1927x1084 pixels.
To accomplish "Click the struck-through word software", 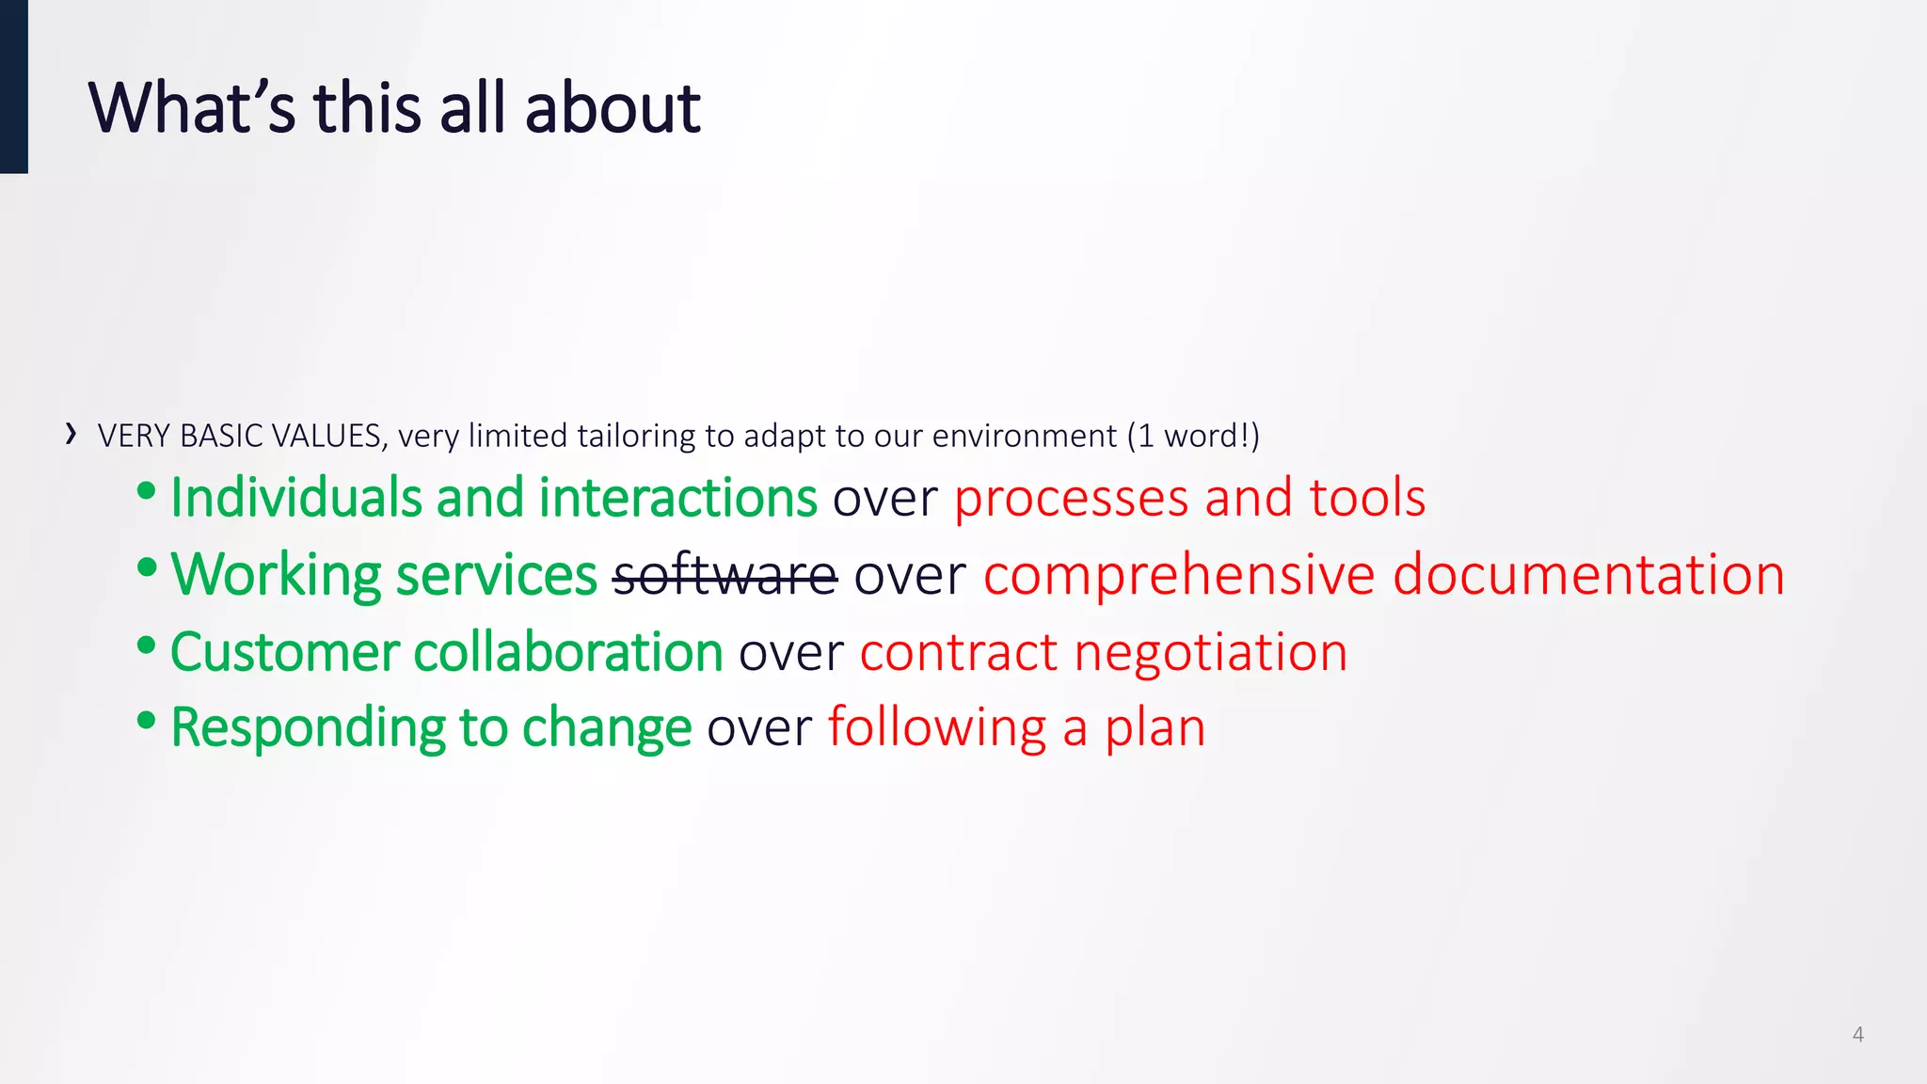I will pyautogui.click(x=725, y=575).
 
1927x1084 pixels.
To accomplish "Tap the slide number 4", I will pyautogui.click(x=1857, y=1034).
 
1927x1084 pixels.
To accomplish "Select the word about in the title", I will pyautogui.click(x=612, y=107).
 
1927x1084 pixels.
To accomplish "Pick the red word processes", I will pyautogui.click(x=1071, y=499).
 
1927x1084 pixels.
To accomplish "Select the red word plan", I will pyautogui.click(x=1155, y=728).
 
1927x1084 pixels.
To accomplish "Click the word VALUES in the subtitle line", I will pyautogui.click(x=326, y=437).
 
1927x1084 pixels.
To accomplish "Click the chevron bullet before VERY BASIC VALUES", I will pyautogui.click(x=72, y=434).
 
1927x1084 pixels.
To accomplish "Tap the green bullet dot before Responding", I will pyautogui.click(x=146, y=720).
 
